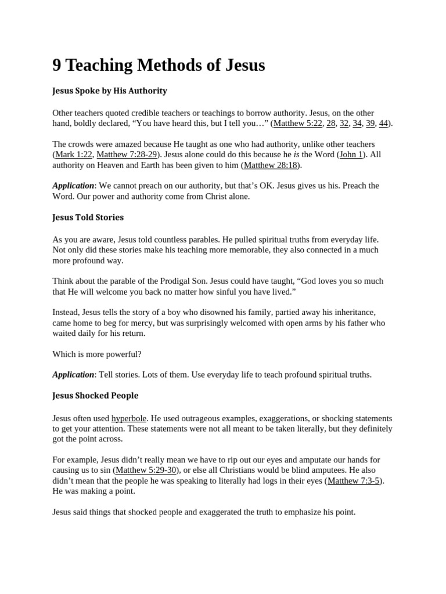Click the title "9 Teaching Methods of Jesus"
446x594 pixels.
(x=159, y=66)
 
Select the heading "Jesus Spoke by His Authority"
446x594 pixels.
(x=109, y=91)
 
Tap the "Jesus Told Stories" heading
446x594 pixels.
(x=88, y=218)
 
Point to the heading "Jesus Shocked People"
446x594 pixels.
(x=95, y=396)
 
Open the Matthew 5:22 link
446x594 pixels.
(x=298, y=124)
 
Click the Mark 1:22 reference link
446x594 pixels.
(x=74, y=155)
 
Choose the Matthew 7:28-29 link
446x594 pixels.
(x=127, y=155)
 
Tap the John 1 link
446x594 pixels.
(x=350, y=155)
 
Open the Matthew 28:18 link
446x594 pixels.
(x=270, y=165)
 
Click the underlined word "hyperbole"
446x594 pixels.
(x=129, y=418)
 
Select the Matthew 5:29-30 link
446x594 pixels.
(x=146, y=470)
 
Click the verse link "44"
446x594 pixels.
(x=383, y=124)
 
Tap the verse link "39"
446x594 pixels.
(x=370, y=124)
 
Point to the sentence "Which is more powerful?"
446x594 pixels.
(x=97, y=354)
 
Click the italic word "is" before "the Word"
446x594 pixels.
(x=296, y=155)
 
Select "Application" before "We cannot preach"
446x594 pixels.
(x=73, y=186)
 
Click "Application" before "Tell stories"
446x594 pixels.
(x=73, y=375)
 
